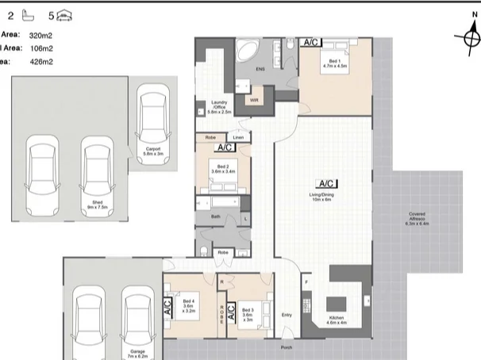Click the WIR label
pyautogui.click(x=254, y=101)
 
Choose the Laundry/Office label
pyautogui.click(x=219, y=107)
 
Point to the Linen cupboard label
pyautogui.click(x=238, y=138)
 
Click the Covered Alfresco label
pyautogui.click(x=417, y=218)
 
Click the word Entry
pyautogui.click(x=287, y=315)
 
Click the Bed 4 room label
pyautogui.click(x=189, y=304)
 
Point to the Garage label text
pyautogui.click(x=137, y=349)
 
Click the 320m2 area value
pyautogui.click(x=40, y=36)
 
